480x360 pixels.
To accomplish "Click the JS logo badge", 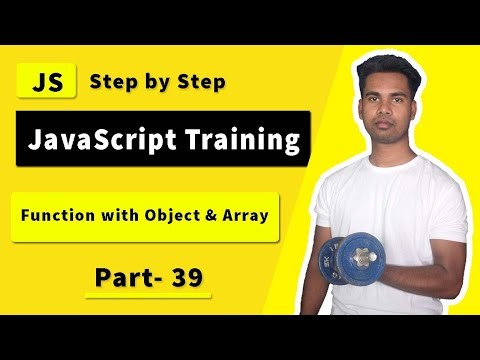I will coord(47,82).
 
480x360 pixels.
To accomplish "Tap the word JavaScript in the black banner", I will coord(105,139).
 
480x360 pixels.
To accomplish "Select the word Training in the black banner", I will coord(245,139).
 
